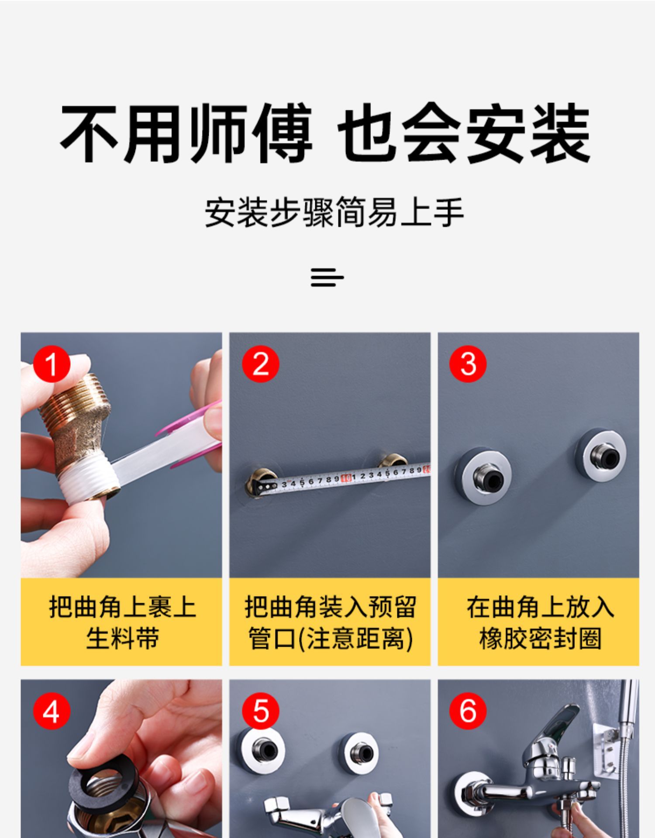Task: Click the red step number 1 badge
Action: (52, 364)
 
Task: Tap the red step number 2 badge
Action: (261, 364)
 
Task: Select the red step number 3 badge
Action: (468, 364)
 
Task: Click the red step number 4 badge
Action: (52, 711)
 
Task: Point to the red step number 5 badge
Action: (261, 711)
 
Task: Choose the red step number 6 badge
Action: (468, 711)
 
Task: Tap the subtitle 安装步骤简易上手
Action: (334, 213)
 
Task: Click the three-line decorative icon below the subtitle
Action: (327, 278)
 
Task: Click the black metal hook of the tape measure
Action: (264, 487)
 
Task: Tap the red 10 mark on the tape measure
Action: (346, 478)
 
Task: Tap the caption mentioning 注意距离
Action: (330, 622)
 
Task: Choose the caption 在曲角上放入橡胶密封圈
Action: (539, 622)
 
